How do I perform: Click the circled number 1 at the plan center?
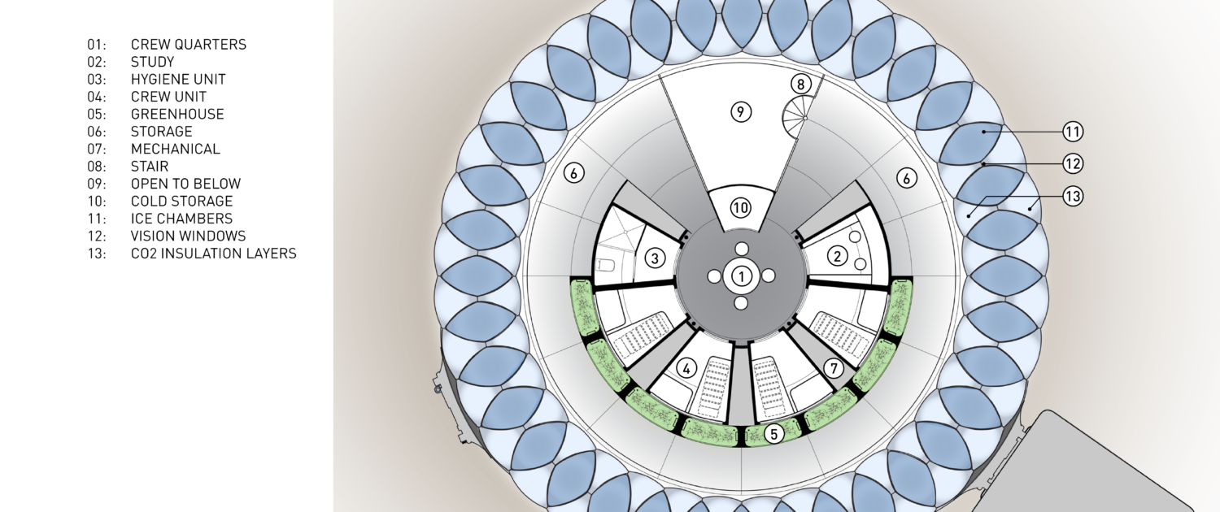741,276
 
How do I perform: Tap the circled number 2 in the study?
838,256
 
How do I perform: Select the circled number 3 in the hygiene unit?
656,258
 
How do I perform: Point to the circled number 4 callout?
686,368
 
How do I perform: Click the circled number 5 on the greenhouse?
774,434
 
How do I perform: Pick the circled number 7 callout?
834,368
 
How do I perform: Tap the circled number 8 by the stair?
800,85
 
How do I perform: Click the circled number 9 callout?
740,112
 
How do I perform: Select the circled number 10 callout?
740,208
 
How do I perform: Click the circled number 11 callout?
1073,132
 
